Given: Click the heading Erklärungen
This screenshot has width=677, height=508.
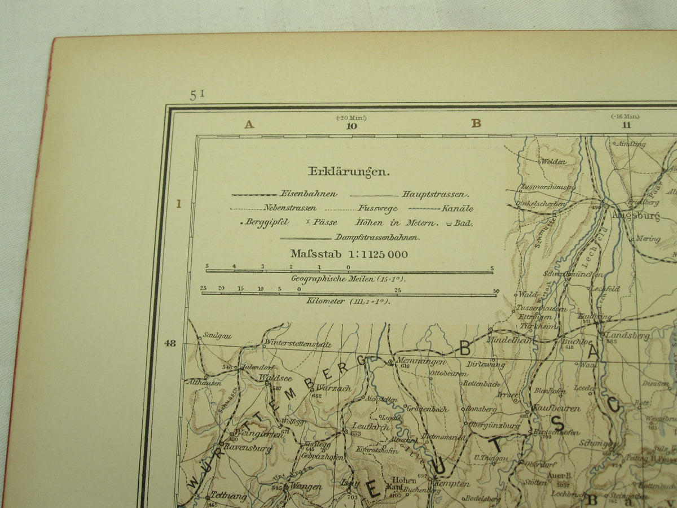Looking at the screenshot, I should tap(348, 172).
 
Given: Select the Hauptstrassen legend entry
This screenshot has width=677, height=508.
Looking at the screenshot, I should tap(434, 194).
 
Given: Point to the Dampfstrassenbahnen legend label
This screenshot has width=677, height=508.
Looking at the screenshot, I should tap(377, 237).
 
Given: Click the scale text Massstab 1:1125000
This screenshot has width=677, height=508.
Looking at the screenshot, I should tap(349, 254).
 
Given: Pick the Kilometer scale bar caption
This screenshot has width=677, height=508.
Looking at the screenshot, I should tap(348, 301).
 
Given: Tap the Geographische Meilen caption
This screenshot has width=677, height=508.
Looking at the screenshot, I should tap(348, 278).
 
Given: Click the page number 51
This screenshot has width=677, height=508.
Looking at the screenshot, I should tap(197, 95).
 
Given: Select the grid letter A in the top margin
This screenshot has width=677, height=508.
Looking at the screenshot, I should tap(249, 124).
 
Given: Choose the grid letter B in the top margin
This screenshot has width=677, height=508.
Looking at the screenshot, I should tap(476, 124).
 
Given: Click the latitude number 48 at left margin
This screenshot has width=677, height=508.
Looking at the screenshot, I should tap(170, 342).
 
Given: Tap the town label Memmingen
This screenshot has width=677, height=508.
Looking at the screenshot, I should tap(421, 361).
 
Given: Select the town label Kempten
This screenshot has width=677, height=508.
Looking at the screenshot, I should tap(452, 484).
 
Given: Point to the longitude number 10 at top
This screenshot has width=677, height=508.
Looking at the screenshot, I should tap(351, 126).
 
